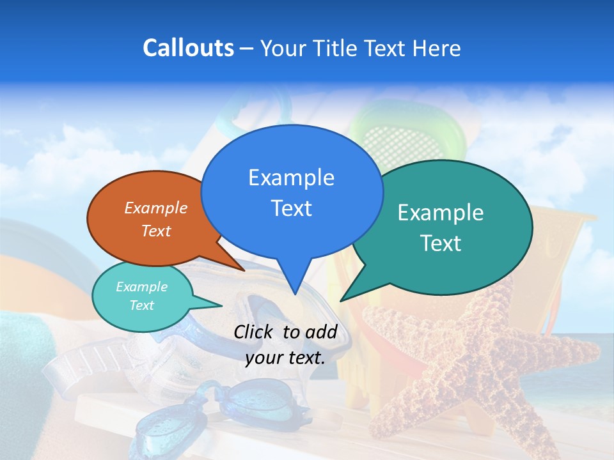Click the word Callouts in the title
click(188, 48)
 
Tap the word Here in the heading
click(437, 49)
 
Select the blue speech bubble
click(292, 192)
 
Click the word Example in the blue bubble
click(291, 178)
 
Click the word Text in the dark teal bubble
click(441, 243)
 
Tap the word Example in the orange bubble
click(156, 208)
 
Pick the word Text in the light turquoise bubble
click(141, 305)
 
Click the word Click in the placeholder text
click(253, 332)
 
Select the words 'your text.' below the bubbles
click(285, 358)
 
